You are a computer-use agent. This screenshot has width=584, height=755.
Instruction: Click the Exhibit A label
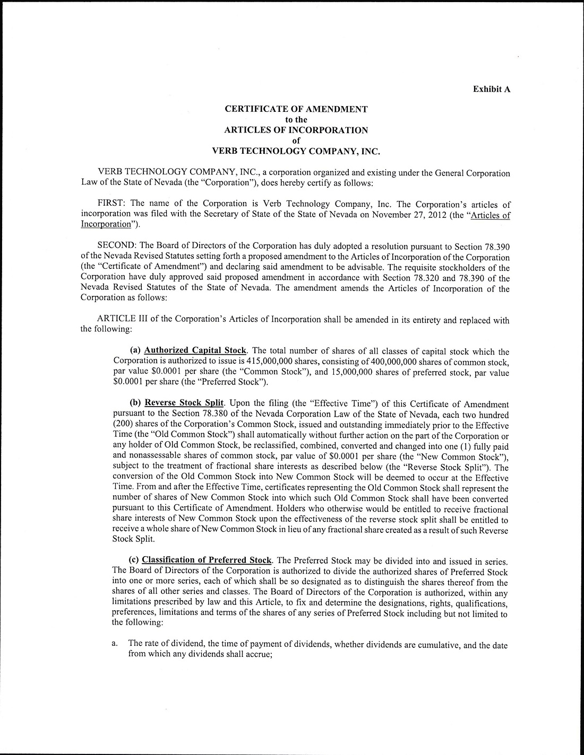pos(492,89)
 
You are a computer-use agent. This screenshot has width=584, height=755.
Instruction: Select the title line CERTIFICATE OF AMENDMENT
pos(296,109)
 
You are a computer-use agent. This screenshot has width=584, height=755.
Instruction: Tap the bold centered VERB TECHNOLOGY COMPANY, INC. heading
pos(296,151)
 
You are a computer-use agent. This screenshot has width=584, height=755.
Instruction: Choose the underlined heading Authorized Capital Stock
pos(195,351)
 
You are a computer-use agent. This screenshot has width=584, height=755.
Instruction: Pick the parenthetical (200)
pos(123,425)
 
